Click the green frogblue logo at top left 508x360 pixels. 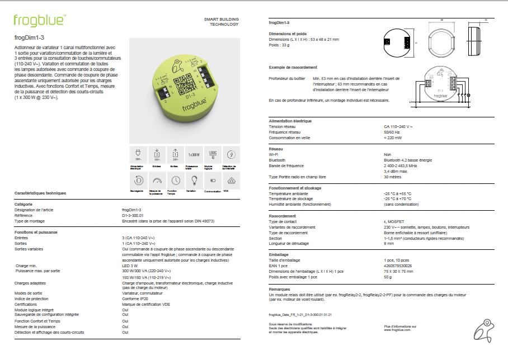39,21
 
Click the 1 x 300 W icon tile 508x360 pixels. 194,154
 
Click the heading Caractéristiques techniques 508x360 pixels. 40,193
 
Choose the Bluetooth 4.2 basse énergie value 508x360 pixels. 408,160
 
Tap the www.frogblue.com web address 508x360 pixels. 397,330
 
